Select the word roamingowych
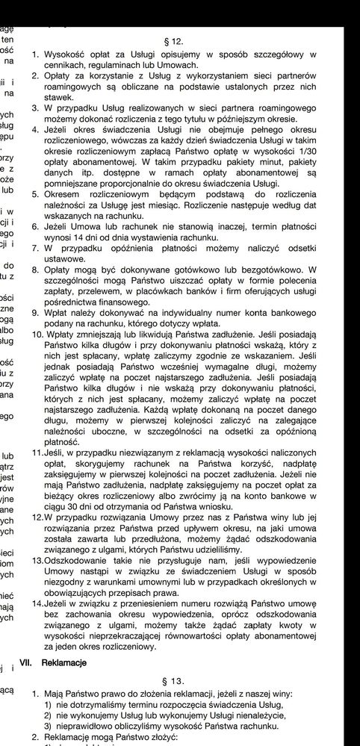pyautogui.click(x=78, y=87)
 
